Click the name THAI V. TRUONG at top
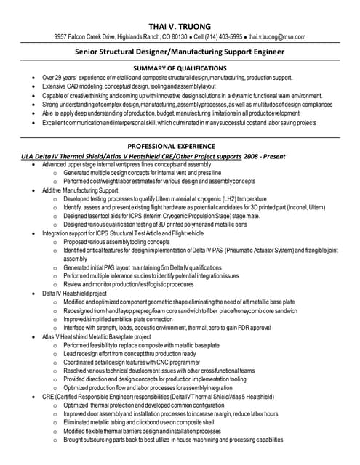click(180, 26)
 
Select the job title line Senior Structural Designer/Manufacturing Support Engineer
click(180, 52)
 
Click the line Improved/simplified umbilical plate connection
click(118, 319)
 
